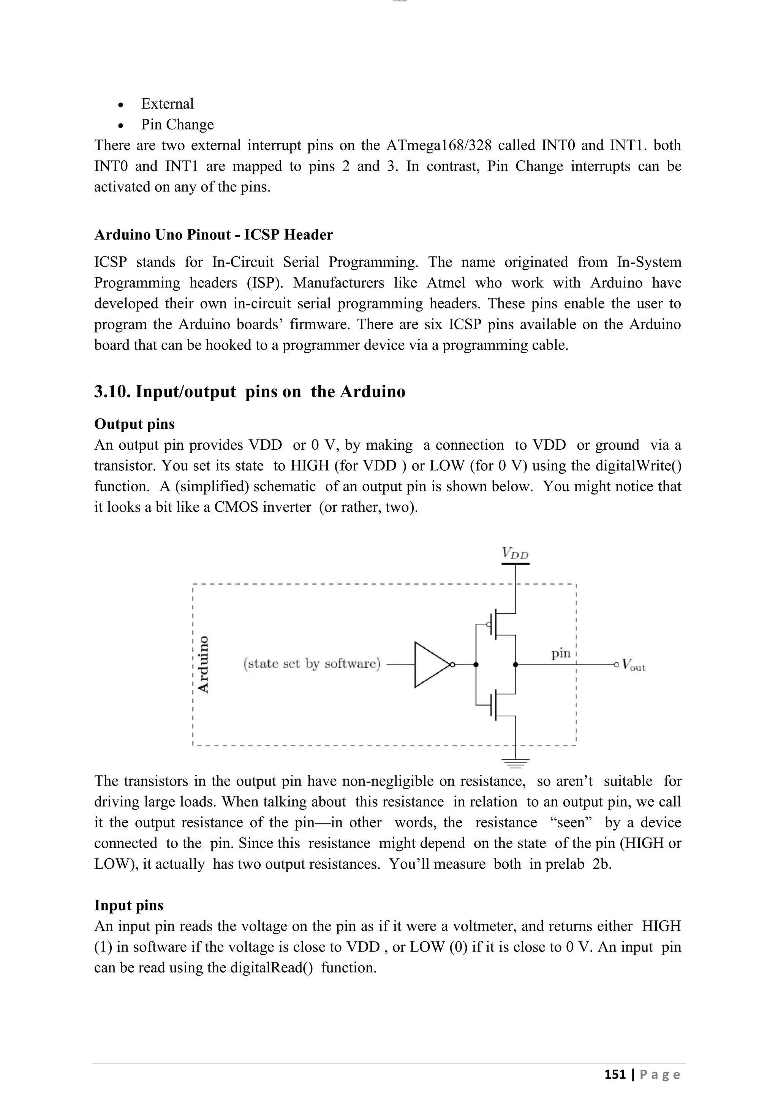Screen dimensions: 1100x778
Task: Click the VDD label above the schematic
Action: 515,553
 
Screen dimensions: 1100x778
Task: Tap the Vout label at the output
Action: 633,665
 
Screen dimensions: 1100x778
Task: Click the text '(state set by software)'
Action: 312,664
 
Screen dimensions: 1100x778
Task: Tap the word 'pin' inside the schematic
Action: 560,653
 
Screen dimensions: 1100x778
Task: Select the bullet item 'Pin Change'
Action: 177,125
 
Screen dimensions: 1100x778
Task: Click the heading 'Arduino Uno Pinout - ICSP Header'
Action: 213,235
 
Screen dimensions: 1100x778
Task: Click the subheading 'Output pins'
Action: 134,424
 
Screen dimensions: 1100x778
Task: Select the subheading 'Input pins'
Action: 128,905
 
